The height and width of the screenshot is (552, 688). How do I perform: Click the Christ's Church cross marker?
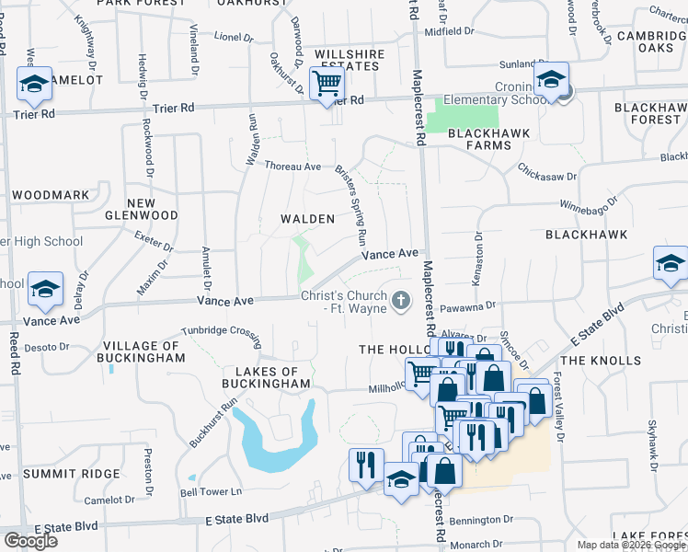(x=401, y=300)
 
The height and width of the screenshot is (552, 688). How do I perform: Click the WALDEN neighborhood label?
(x=307, y=219)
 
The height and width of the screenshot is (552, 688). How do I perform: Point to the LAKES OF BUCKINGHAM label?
(x=266, y=376)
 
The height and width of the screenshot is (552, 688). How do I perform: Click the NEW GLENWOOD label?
(x=153, y=209)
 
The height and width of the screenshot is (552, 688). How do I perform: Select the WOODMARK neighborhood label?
(x=52, y=195)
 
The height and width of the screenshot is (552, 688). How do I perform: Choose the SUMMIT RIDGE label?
(x=72, y=474)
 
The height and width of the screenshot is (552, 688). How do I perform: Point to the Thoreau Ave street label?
(x=292, y=167)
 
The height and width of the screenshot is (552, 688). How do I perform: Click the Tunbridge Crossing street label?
(x=221, y=330)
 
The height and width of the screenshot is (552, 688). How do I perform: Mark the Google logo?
(x=30, y=540)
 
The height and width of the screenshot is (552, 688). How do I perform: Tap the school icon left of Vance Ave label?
(x=45, y=290)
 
